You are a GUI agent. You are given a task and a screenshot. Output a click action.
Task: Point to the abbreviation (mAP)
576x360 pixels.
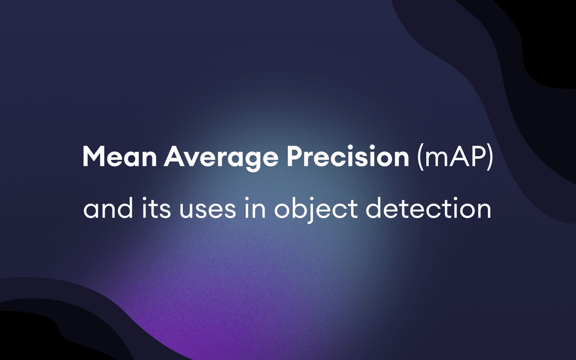(x=454, y=157)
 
